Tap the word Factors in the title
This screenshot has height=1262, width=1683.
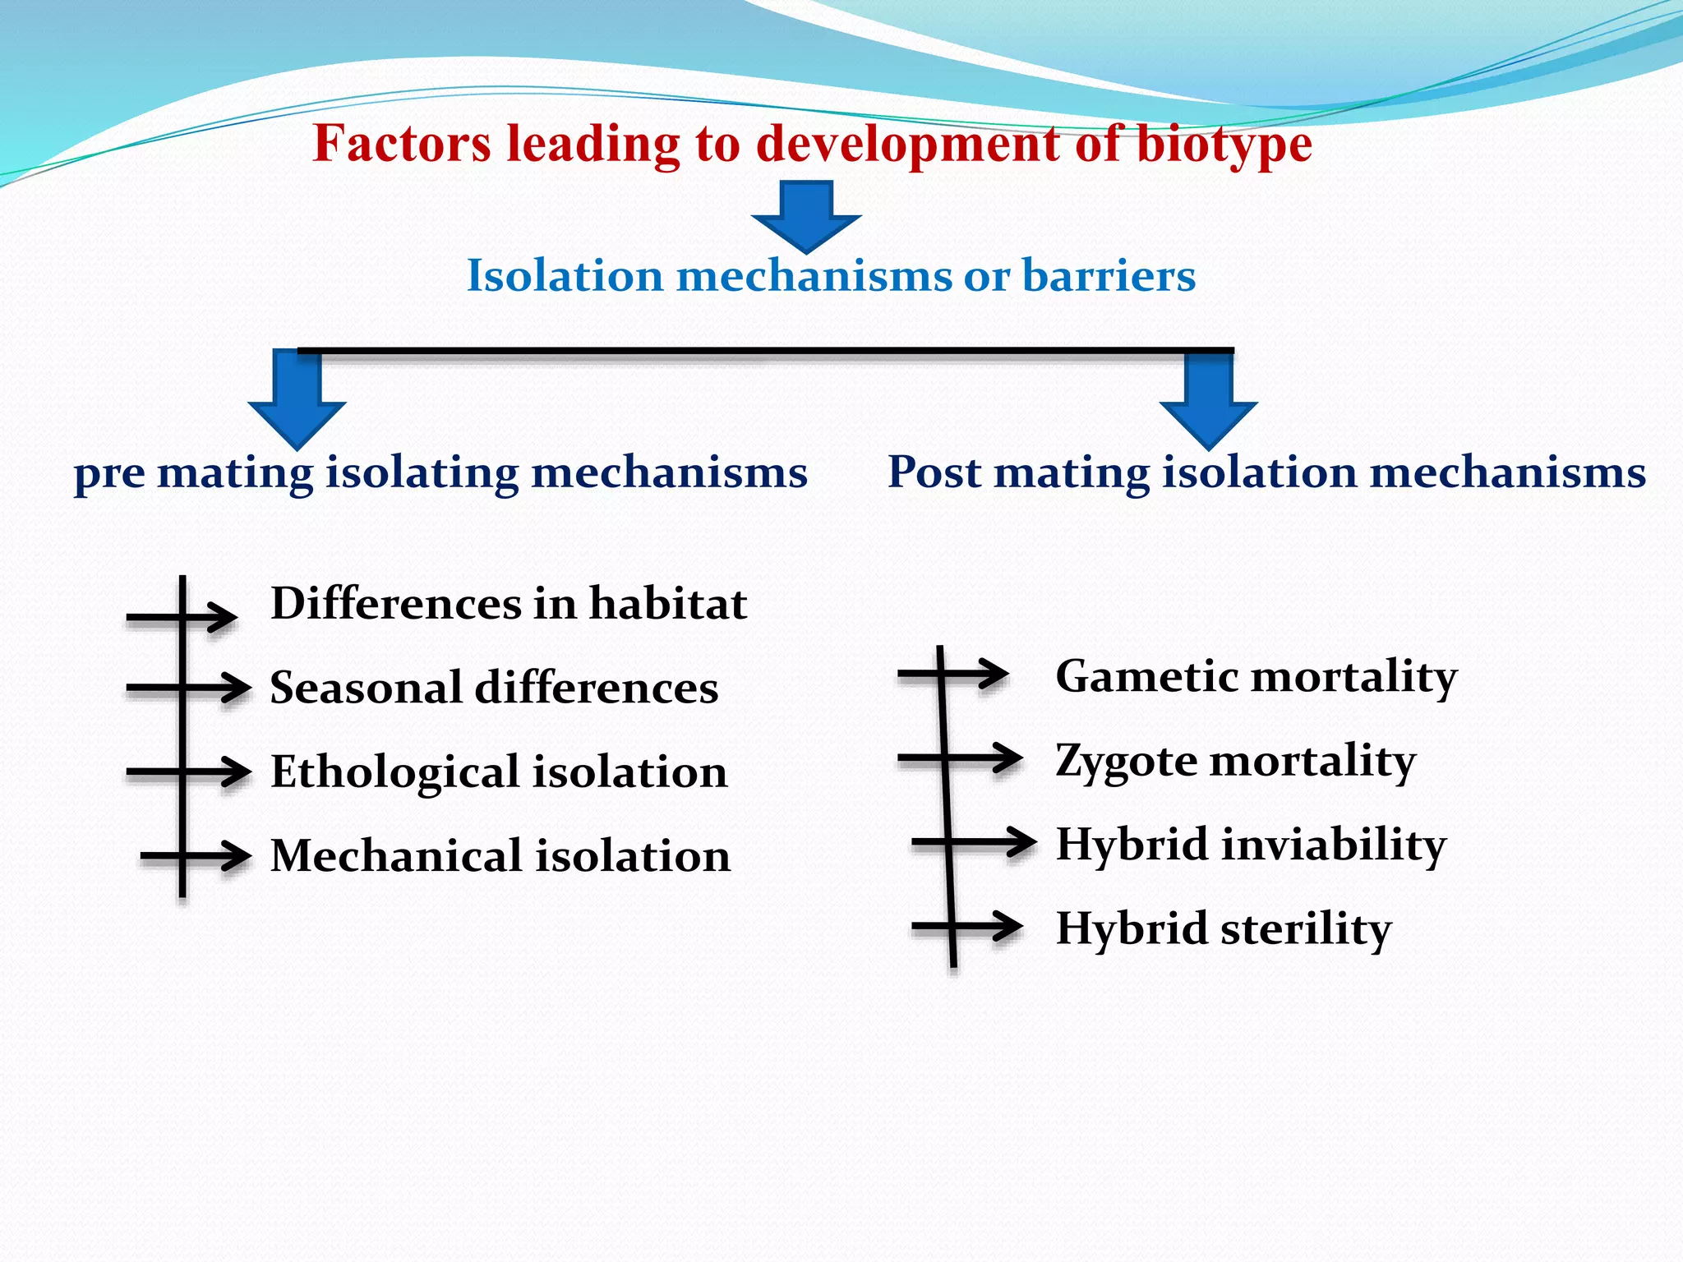point(402,145)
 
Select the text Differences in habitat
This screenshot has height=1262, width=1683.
point(508,604)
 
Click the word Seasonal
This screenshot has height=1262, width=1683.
point(366,688)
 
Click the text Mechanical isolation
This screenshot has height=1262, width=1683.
point(500,856)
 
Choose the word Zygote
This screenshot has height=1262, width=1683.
point(1126,762)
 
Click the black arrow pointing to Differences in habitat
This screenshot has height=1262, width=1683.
point(182,616)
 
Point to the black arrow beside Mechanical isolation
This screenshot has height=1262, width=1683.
point(196,856)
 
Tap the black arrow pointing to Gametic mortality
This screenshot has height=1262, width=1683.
point(954,675)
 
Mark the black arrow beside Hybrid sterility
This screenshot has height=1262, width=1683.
point(967,927)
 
